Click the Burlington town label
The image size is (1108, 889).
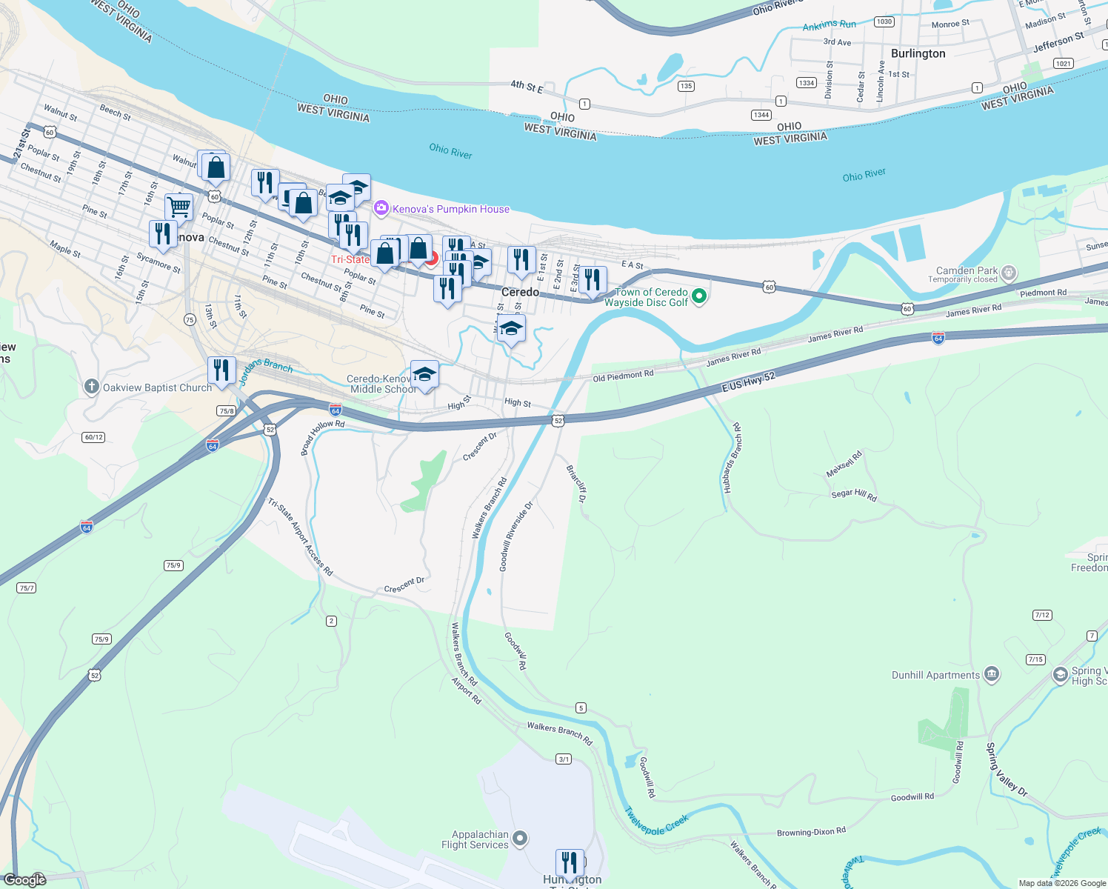[918, 53]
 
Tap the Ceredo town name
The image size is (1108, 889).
[520, 292]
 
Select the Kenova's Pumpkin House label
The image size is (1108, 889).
[450, 209]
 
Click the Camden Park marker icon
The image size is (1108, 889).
[1009, 273]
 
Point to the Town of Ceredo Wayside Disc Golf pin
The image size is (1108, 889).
[698, 297]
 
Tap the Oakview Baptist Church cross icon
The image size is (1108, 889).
[91, 387]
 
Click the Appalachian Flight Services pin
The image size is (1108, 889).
[520, 839]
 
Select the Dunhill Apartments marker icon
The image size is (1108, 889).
[992, 675]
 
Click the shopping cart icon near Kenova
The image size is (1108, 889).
[178, 207]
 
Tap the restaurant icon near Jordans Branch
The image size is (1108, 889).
[221, 369]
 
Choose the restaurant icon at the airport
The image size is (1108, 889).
[569, 862]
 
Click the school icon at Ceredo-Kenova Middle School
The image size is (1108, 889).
[424, 374]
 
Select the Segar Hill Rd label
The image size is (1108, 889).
[854, 494]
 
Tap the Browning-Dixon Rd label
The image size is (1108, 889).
[811, 832]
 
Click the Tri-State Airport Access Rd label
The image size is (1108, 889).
[301, 536]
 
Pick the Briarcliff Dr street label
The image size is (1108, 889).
[576, 483]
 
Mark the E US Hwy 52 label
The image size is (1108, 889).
[748, 382]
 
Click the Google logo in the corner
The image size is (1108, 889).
[25, 879]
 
